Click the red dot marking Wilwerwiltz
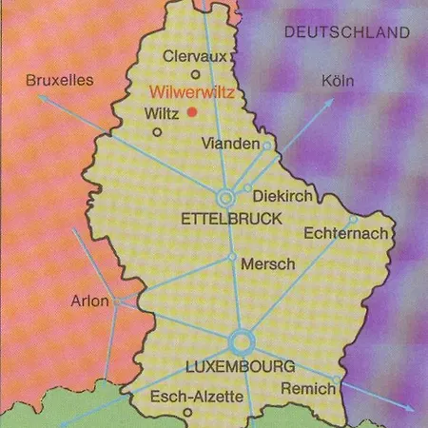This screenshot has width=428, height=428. coord(191,112)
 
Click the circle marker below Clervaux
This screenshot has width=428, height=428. coord(196,74)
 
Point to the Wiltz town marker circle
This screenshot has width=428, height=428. coord(157,132)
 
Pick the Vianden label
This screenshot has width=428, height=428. coord(231,144)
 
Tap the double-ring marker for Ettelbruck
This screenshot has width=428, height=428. coord(226,198)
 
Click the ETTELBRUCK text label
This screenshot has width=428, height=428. coord(231,219)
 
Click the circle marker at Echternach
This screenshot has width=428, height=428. coord(353,220)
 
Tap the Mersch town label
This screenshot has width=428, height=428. coord(268,264)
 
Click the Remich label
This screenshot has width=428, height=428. coord(306,388)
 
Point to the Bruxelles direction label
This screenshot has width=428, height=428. coord(60,80)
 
